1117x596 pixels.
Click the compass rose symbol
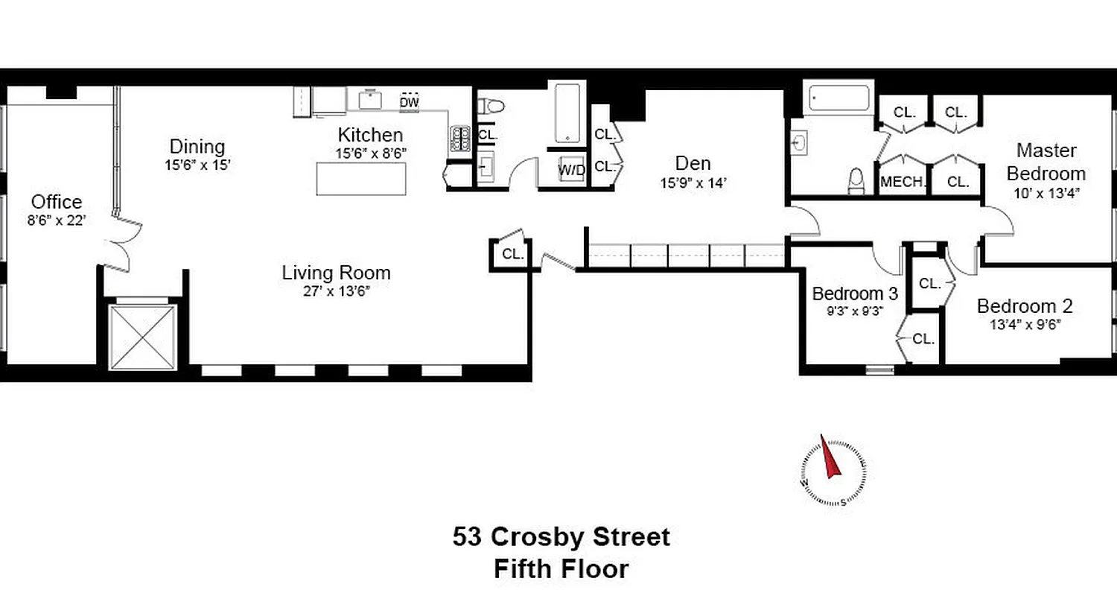833,471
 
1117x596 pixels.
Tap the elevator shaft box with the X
143,337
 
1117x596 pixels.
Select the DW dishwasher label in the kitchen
409,102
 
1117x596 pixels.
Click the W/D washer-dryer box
572,169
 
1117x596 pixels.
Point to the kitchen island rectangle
361,179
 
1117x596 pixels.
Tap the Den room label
693,163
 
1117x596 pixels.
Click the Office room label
57,202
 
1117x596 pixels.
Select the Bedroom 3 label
855,294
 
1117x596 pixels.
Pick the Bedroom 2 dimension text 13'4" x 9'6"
1025,324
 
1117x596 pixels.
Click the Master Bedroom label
1046,162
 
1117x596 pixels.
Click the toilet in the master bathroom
856,181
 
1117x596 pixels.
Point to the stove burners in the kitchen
459,138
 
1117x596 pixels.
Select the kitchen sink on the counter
370,99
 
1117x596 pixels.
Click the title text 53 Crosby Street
561,537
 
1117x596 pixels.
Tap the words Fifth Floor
561,570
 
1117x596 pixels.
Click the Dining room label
197,147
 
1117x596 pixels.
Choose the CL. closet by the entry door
512,254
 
